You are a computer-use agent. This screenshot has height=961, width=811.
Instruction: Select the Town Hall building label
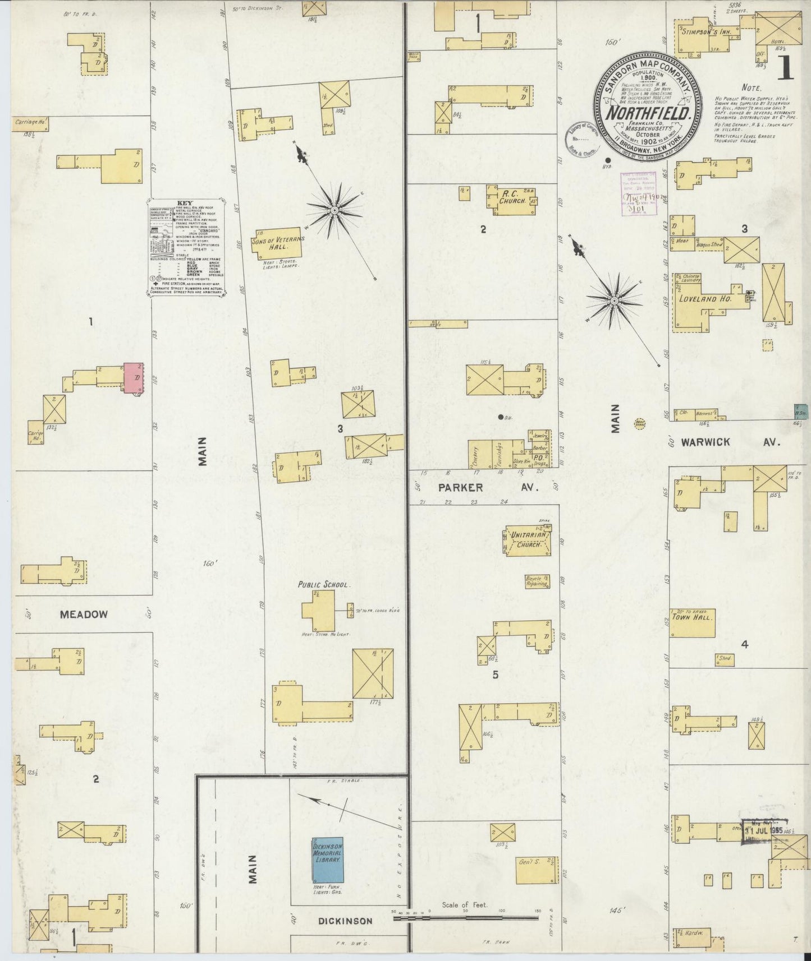(692, 618)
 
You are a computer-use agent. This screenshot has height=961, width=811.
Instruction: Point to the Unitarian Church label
(528, 540)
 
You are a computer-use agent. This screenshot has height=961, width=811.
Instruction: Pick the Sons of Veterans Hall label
(278, 242)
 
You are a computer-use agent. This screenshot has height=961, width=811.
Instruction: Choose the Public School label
(324, 584)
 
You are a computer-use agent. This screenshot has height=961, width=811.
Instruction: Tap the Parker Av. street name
(488, 488)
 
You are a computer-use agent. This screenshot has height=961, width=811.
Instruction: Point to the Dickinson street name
(345, 921)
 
